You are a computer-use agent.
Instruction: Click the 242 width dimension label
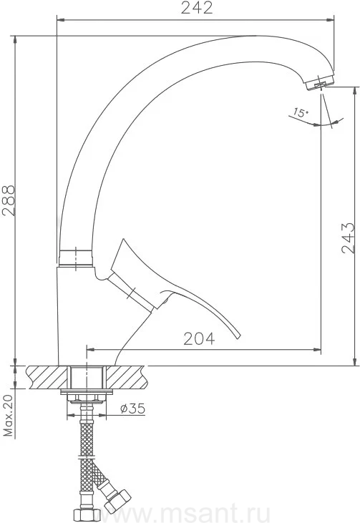coord(197,8)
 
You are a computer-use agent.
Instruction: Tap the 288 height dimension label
coord(9,200)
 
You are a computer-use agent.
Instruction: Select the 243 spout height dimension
coord(349,238)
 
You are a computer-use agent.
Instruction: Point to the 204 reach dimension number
coord(199,339)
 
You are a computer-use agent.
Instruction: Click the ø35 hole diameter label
coord(132,408)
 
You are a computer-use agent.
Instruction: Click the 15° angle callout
coord(301,112)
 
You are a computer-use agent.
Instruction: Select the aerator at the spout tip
coord(321,83)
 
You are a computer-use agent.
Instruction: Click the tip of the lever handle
coord(238,336)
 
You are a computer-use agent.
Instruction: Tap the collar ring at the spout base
coord(76,258)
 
